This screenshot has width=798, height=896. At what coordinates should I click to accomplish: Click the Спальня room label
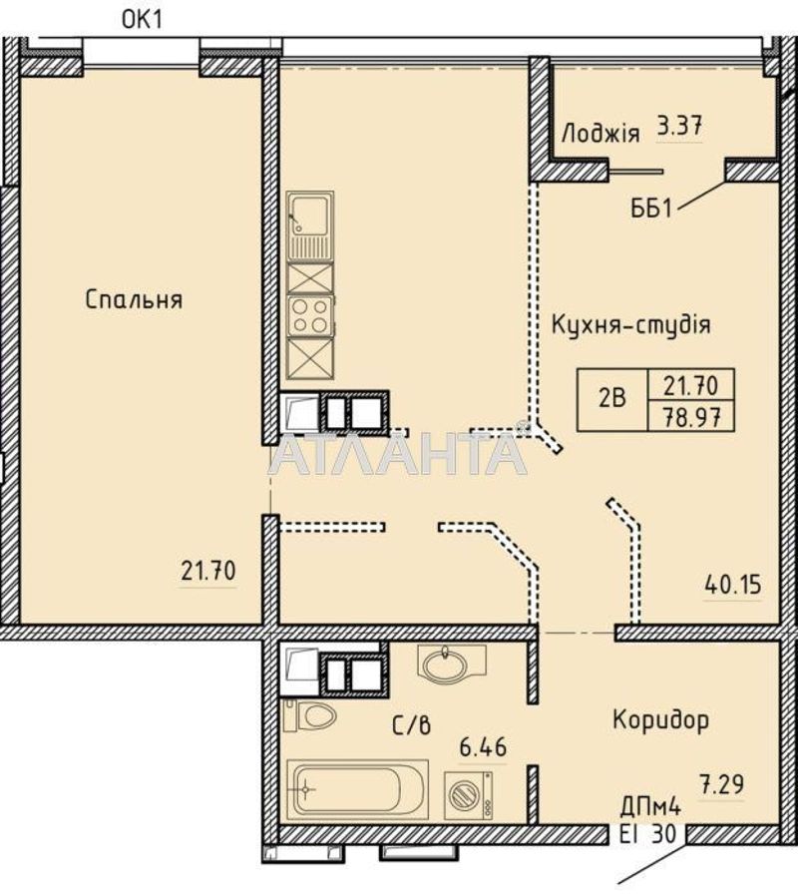point(134,299)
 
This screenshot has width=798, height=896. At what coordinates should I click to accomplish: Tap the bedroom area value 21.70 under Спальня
point(208,571)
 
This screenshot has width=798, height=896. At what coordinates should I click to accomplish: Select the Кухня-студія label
point(631,324)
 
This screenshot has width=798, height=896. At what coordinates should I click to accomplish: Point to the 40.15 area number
point(733,585)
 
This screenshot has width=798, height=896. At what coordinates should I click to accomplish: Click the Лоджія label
point(600,133)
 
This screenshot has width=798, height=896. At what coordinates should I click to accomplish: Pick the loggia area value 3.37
point(679,126)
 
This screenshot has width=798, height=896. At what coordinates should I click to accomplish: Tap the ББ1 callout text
point(651,210)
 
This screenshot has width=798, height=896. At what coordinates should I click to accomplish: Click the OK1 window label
point(143,20)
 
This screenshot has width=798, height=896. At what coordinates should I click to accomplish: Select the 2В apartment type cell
point(612,398)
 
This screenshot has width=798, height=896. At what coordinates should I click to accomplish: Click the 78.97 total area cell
point(691,417)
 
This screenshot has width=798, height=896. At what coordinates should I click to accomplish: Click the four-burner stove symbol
point(310,316)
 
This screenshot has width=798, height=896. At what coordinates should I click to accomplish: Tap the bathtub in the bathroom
point(358,789)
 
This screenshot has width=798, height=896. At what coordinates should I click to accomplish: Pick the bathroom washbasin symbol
point(452,665)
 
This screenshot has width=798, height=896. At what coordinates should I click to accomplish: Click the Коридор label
point(661,719)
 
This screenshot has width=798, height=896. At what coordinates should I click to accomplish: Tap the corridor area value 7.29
point(722,784)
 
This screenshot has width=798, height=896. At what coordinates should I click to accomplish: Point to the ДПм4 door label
point(651,808)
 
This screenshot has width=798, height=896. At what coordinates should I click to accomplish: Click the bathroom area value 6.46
point(483,746)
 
